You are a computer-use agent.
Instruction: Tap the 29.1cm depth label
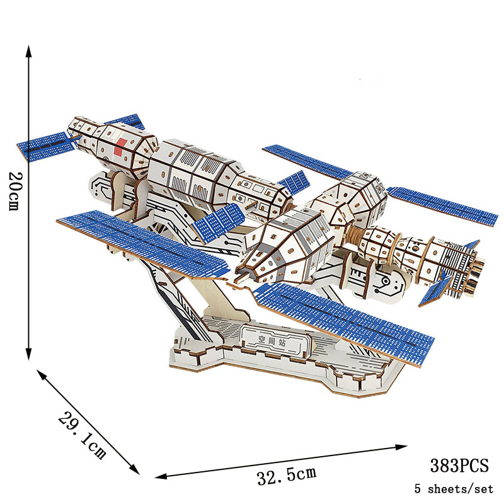click(83, 434)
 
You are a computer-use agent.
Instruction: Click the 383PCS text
click(459, 466)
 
